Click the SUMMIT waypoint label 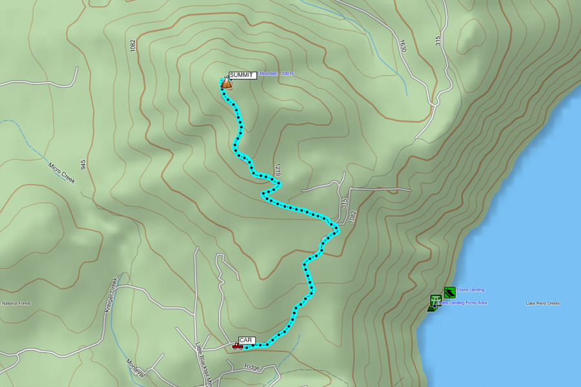click(243, 75)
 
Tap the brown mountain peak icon click(226, 83)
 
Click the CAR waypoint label click(246, 340)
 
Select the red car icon click(238, 346)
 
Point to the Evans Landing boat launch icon click(450, 292)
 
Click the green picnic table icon click(436, 300)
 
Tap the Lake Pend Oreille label click(543, 303)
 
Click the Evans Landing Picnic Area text click(464, 303)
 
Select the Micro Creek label click(62, 172)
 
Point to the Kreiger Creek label click(110, 295)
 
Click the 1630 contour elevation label click(403, 46)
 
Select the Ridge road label click(252, 367)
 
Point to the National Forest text click(15, 303)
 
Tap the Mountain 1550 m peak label click(276, 74)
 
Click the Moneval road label click(136, 368)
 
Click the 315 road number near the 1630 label click(438, 41)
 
